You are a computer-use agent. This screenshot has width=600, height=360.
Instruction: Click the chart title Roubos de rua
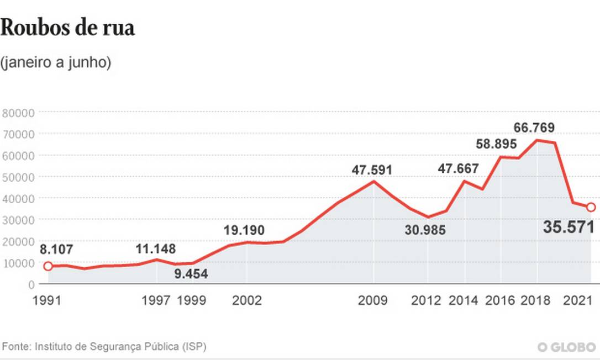67,28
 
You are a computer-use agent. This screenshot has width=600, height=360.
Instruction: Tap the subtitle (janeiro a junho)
56,63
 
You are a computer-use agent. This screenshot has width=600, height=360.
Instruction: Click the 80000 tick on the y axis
19,113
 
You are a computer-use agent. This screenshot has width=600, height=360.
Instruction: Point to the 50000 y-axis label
19,177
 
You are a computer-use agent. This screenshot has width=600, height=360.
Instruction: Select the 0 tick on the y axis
31,284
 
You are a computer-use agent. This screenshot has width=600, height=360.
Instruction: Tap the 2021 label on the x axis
578,300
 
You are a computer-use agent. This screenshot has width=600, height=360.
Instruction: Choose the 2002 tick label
247,300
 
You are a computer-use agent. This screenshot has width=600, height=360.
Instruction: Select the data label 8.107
56,250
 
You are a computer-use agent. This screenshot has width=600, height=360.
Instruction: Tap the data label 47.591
372,170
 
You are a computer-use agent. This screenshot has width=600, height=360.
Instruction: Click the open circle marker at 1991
48,266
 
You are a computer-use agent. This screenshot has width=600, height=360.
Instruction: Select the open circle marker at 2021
591,207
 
